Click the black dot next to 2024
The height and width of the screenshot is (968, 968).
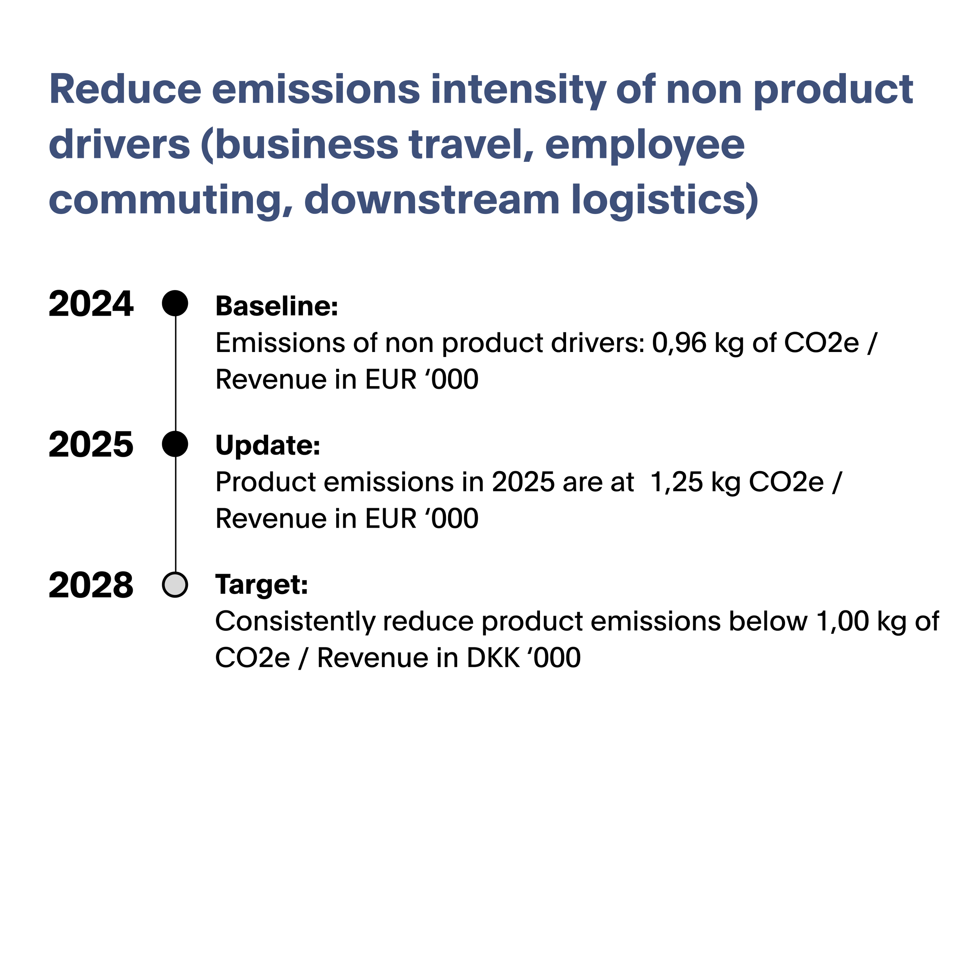pos(175,303)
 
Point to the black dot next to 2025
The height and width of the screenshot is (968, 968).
pos(175,444)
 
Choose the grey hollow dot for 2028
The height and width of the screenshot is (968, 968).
pos(175,584)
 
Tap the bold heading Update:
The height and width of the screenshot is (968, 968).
pos(268,445)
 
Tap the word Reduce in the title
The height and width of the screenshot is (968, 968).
pos(125,89)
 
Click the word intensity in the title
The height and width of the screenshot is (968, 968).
pos(518,91)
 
